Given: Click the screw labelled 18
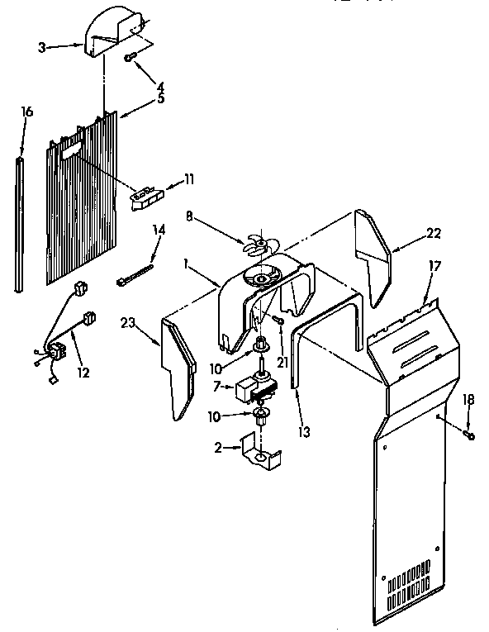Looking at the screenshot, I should (x=468, y=433).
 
